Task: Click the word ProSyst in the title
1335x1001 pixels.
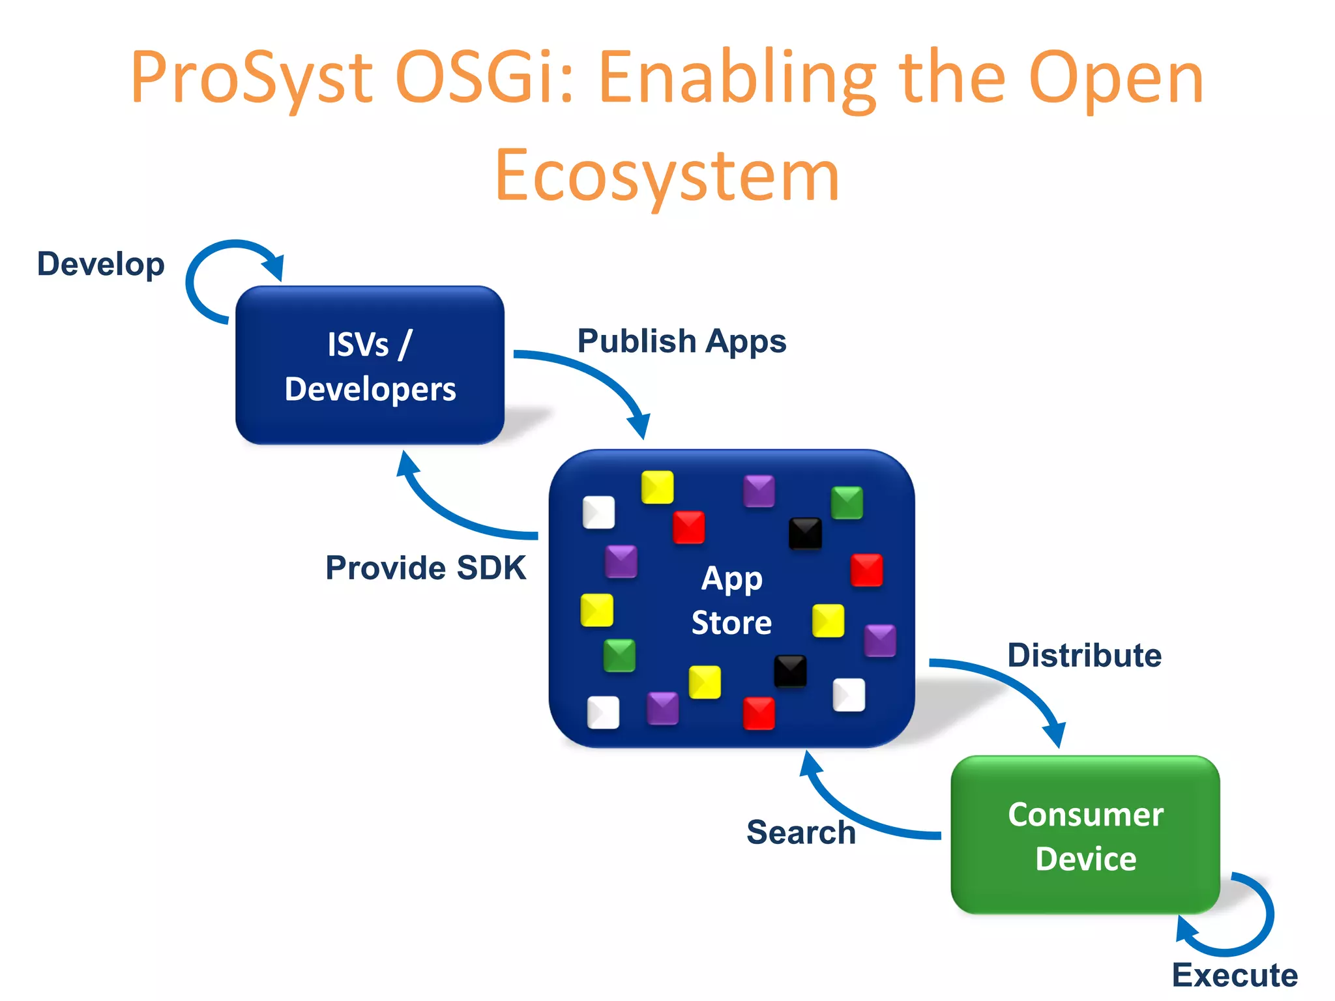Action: coord(251,80)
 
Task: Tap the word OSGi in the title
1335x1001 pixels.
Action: coord(484,80)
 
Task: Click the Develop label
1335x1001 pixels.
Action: coord(101,265)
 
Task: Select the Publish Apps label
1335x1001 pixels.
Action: coord(682,341)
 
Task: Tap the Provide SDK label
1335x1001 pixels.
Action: coord(426,568)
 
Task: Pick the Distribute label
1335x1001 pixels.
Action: coord(1084,656)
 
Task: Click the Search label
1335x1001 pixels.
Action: coord(801,832)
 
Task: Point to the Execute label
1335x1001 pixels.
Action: coord(1235,976)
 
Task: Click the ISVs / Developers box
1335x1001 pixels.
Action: coord(370,366)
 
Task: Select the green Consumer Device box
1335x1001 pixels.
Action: coord(1085,835)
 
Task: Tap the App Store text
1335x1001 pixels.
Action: coord(731,600)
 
